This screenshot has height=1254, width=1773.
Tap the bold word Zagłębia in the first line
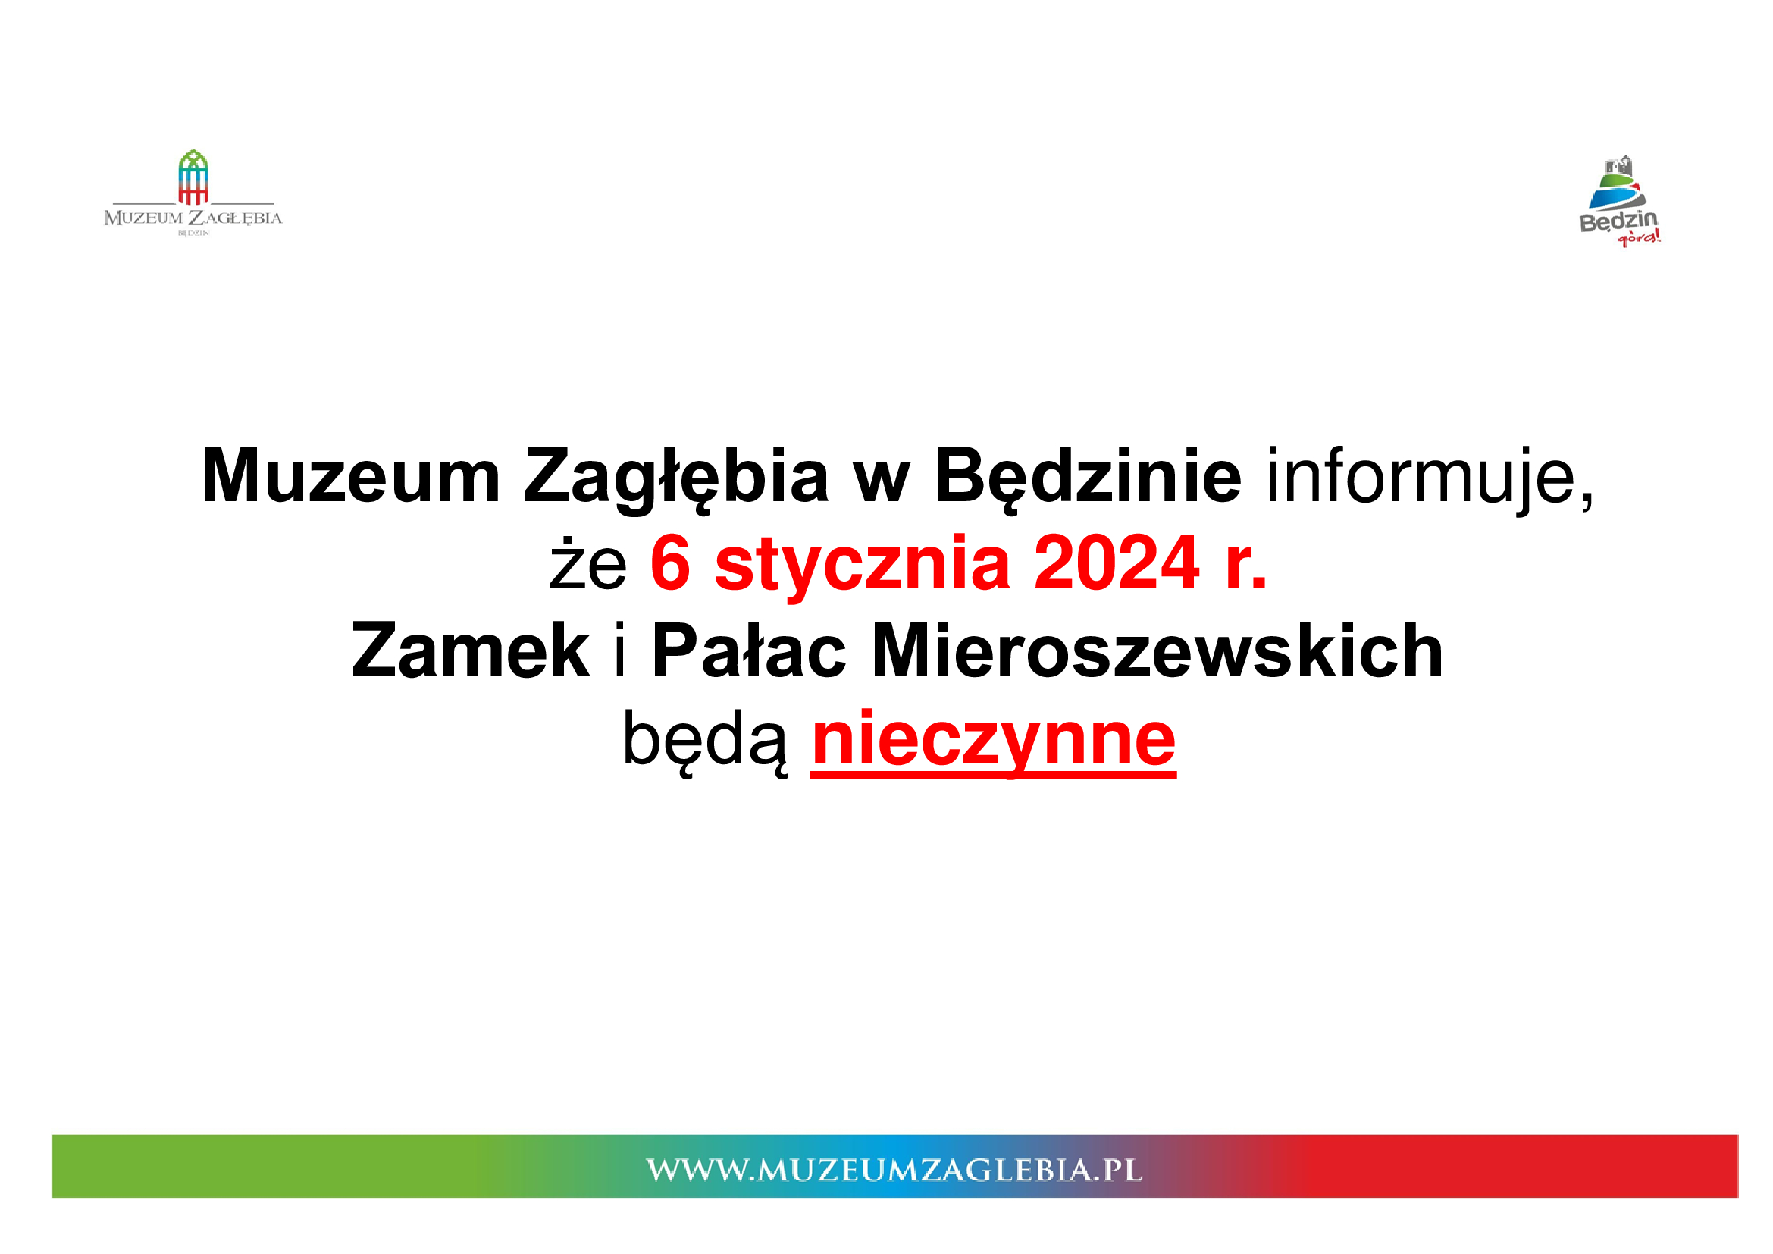676,478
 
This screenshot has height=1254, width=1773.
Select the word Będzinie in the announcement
1088,478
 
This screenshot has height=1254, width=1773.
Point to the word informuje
1430,478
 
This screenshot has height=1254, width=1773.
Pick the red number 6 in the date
669,563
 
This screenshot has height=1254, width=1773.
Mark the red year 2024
1117,563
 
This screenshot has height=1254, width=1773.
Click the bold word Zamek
470,651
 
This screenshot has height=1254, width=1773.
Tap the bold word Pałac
749,651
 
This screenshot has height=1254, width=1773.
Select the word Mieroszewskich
1157,651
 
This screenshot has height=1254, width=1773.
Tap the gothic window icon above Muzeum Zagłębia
193,177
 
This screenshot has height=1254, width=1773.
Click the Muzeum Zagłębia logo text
193,218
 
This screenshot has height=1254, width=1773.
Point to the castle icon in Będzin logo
1619,166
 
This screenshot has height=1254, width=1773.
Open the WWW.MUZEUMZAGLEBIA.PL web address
894,1170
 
